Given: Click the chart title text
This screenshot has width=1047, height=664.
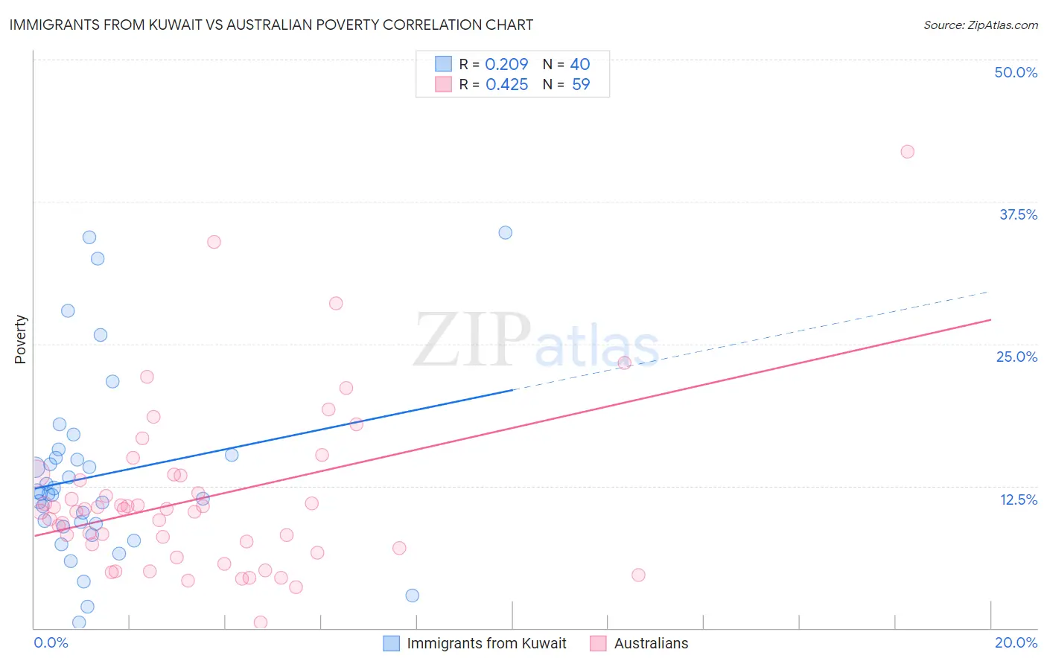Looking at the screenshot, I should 271,25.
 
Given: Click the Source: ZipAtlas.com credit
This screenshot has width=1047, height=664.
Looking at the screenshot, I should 980,25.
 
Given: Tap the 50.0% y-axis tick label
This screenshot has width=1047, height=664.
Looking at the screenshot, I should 1016,72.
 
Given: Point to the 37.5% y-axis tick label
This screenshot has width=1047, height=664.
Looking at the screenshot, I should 1018,214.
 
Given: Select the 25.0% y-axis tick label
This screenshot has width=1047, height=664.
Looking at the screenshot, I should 1016,357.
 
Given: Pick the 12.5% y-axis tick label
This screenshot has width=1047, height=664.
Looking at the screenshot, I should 1018,499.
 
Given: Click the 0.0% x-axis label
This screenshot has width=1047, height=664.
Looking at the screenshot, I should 51,642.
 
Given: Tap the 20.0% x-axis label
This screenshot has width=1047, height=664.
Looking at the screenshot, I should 1016,642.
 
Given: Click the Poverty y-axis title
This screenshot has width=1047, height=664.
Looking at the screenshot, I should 20,339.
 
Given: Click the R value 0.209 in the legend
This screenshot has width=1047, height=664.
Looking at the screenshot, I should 506,64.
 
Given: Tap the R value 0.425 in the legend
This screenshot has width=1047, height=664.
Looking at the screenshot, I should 506,85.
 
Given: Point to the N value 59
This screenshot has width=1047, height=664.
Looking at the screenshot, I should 581,85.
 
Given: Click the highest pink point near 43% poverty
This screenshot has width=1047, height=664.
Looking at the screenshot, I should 907,152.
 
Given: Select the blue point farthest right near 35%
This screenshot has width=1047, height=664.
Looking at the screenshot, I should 505,232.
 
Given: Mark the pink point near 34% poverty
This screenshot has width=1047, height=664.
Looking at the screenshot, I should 214,242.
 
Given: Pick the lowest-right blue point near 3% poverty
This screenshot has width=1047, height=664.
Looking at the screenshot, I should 412,596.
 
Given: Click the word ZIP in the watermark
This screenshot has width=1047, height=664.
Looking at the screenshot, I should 472,341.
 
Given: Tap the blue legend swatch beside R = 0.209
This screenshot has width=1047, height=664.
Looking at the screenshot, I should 443,64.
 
